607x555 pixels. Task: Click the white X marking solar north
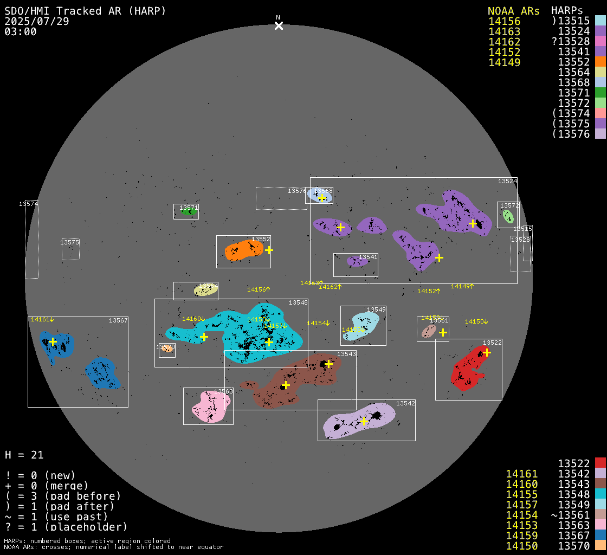(279, 25)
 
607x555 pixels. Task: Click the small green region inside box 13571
(188, 212)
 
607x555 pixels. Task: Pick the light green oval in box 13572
(508, 216)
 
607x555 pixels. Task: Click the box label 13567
(118, 320)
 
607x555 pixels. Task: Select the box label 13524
(507, 181)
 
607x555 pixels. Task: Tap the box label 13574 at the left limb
(28, 204)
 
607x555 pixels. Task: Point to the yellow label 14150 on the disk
(476, 322)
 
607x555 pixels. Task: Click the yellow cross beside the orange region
(269, 250)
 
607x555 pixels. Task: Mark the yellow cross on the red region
(487, 352)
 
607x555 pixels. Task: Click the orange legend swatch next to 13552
(600, 62)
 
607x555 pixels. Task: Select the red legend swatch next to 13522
(600, 463)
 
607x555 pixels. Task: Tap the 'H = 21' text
(24, 455)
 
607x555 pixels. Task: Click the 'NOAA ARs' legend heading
(513, 11)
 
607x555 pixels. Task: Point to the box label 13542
(405, 403)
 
